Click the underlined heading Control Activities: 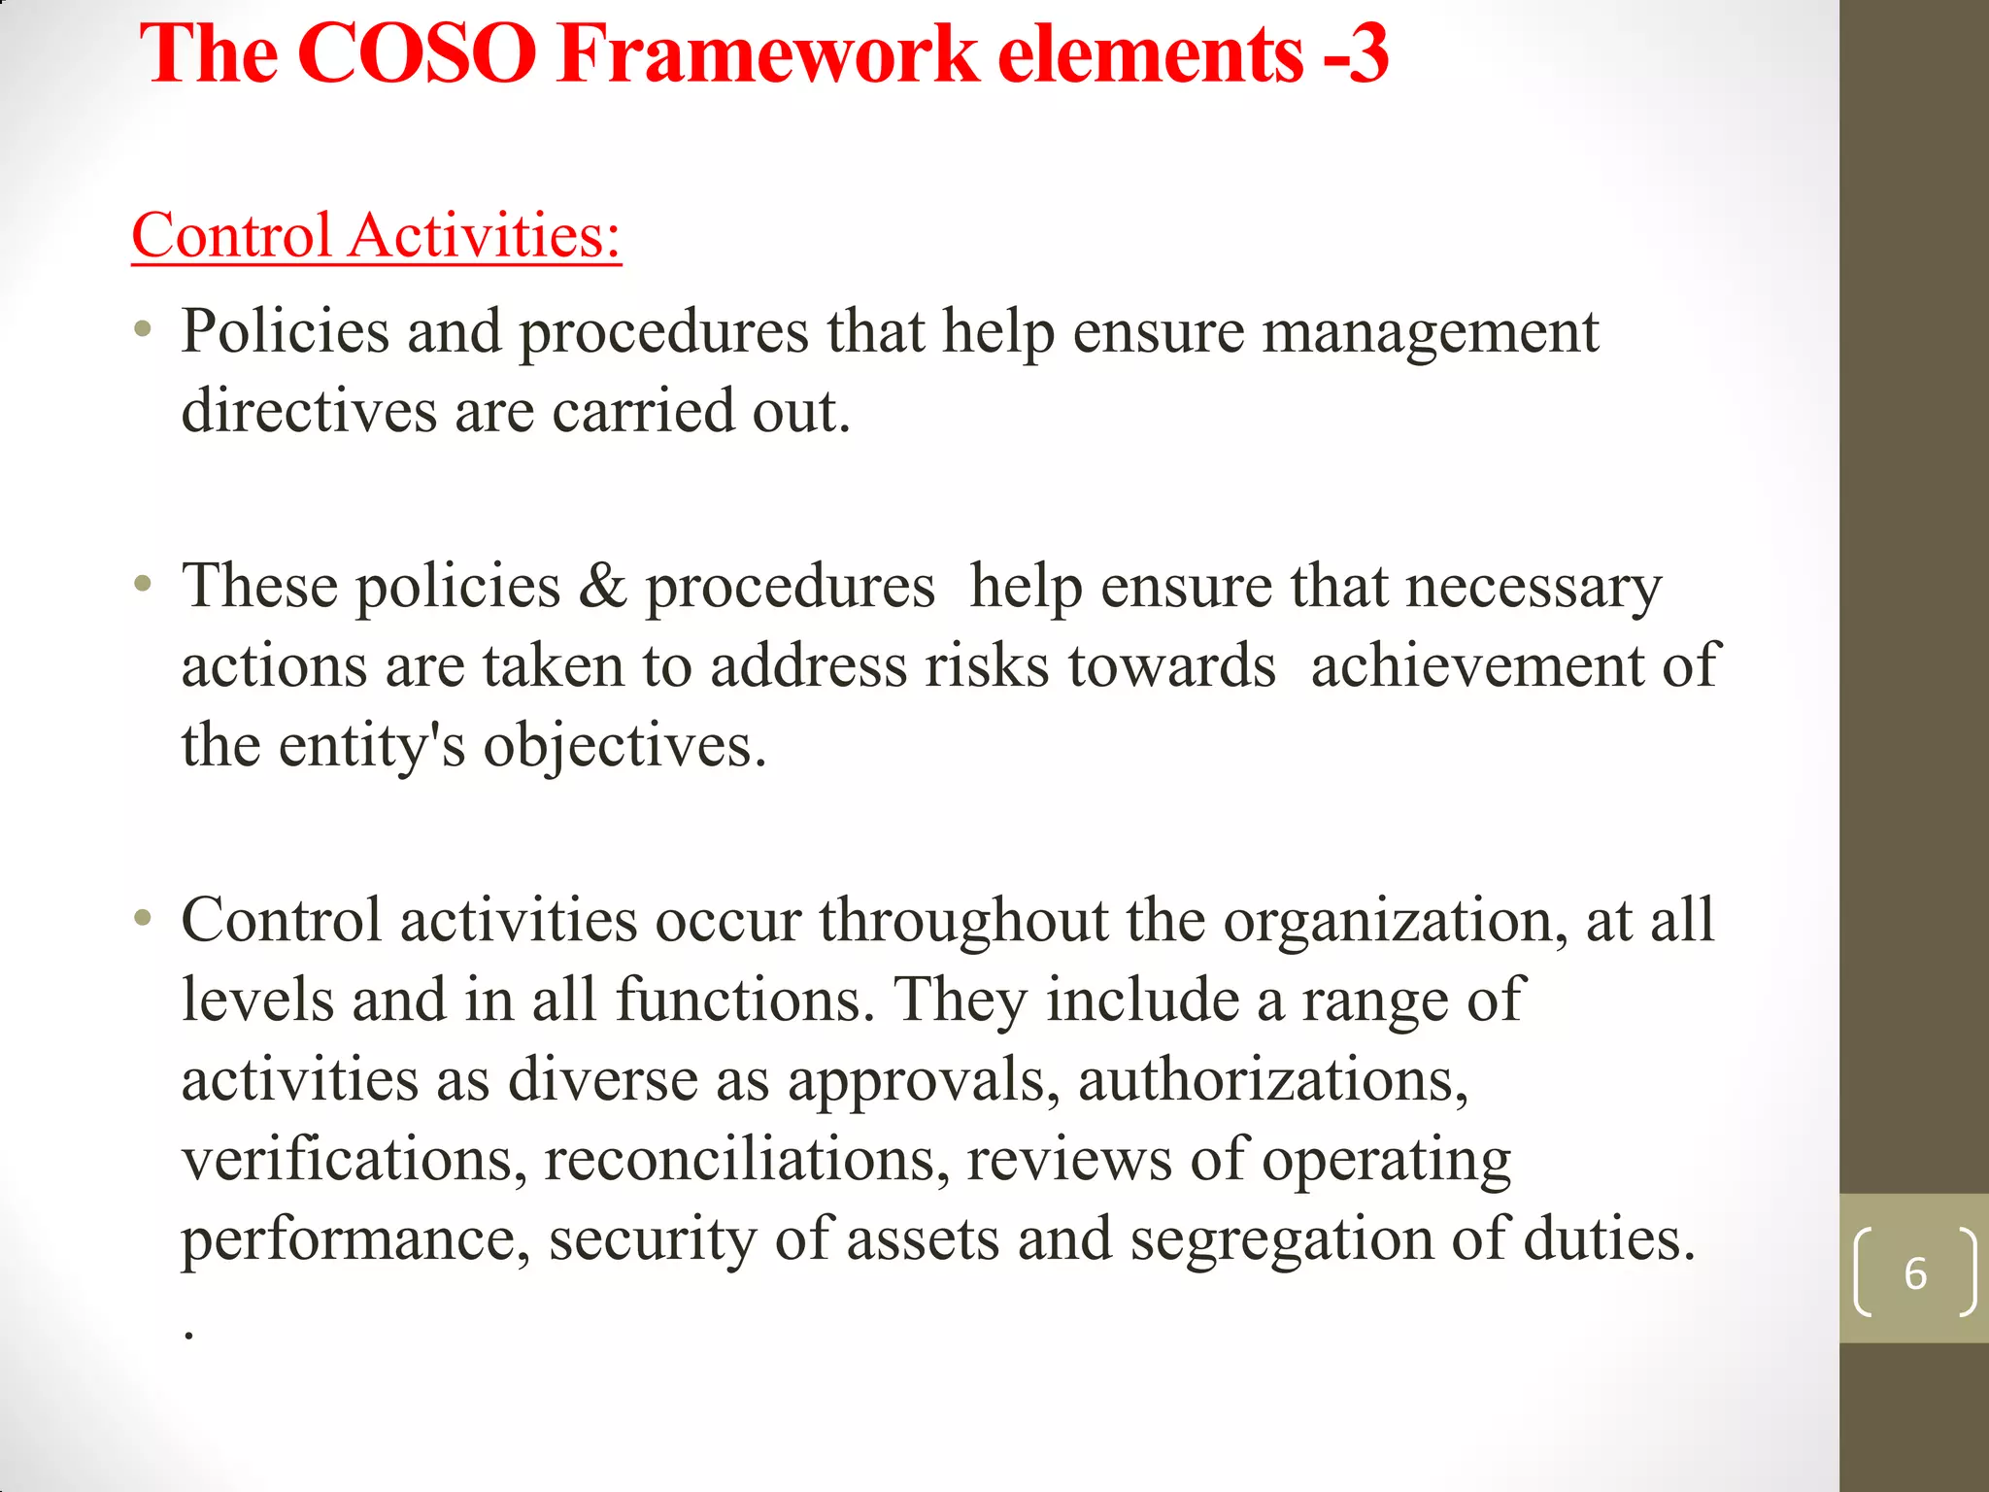[x=376, y=236]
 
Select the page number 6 [x=1914, y=1273]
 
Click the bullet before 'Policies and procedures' [x=144, y=330]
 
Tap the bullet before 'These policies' [x=144, y=585]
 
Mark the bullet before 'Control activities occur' [x=144, y=918]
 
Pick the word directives [x=309, y=411]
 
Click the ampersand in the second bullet [x=602, y=587]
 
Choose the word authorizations [x=1272, y=1080]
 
